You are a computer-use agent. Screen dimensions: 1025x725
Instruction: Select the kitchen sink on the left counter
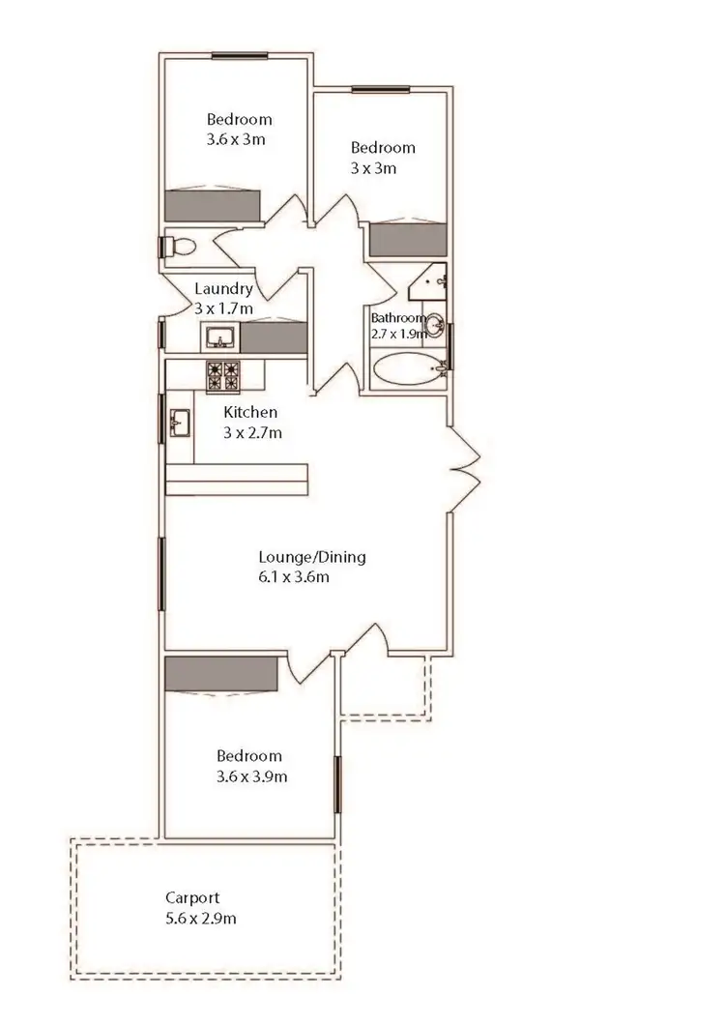coord(180,423)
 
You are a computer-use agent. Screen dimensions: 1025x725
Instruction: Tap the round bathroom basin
coord(434,323)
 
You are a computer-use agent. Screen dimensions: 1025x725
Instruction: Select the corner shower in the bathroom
coord(426,281)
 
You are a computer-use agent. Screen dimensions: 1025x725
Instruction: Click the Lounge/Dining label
coord(311,557)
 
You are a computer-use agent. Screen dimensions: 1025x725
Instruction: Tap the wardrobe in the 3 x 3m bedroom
coord(408,241)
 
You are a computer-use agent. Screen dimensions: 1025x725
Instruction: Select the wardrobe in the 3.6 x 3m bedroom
coord(214,205)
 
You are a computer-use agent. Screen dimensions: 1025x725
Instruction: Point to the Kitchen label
coord(250,413)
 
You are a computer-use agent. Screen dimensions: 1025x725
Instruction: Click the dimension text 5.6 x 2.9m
coord(200,918)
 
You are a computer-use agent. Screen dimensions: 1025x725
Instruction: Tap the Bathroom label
coord(398,318)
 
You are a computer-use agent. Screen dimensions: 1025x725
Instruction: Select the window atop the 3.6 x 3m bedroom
coord(240,55)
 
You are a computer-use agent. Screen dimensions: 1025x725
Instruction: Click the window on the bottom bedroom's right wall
coord(337,785)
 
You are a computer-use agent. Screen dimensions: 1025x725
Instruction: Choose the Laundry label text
coord(223,288)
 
